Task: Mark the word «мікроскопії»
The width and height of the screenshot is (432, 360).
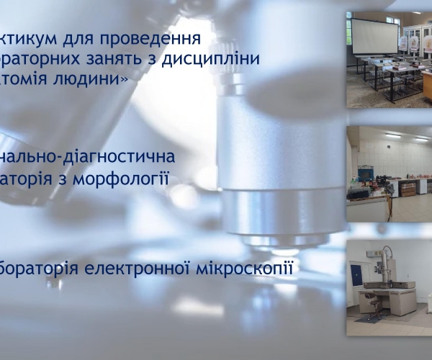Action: coord(252,269)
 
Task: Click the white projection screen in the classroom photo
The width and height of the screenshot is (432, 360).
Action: coord(374,36)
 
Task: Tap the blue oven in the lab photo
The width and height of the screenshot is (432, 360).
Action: coord(366,174)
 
